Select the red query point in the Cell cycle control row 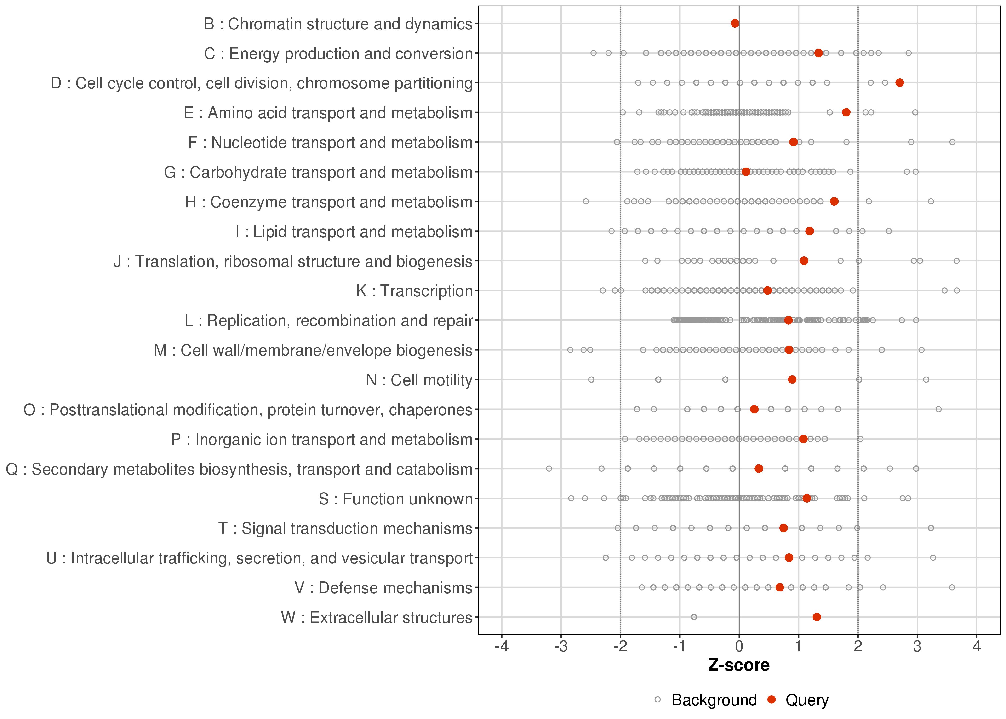click(x=899, y=83)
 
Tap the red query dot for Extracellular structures click(x=817, y=617)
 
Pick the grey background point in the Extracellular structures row click(x=694, y=617)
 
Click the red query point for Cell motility click(x=792, y=379)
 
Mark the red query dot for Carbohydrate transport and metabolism click(x=746, y=172)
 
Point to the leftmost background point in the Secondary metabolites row click(x=549, y=468)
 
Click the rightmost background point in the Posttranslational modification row click(x=938, y=409)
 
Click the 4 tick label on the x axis click(x=977, y=647)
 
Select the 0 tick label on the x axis click(x=739, y=647)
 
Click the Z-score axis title click(x=739, y=665)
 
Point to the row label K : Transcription click(x=415, y=291)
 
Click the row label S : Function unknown click(x=395, y=499)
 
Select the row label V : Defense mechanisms click(x=383, y=588)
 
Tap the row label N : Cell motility click(x=419, y=380)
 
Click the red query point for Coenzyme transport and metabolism click(x=834, y=202)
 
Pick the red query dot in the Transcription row click(x=767, y=290)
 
